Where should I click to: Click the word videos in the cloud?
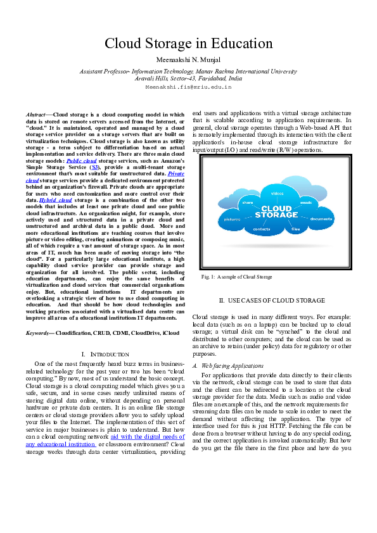coord(277,193)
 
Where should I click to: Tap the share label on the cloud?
coord(247,203)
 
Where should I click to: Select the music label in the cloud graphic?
coord(306,203)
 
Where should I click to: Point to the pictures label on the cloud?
coord(232,219)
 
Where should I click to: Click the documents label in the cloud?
coord(321,219)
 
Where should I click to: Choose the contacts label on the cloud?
coord(262,229)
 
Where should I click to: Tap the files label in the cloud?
coord(295,229)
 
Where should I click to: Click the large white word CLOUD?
coord(277,208)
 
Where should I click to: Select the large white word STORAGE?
coord(277,215)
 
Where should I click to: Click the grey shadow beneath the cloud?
coord(277,245)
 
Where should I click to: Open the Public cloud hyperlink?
coord(81,161)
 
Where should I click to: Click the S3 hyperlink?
coord(94,168)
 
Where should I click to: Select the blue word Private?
coord(176,173)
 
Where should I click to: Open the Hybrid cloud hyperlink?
coord(56,200)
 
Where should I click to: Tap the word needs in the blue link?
coord(170,437)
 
